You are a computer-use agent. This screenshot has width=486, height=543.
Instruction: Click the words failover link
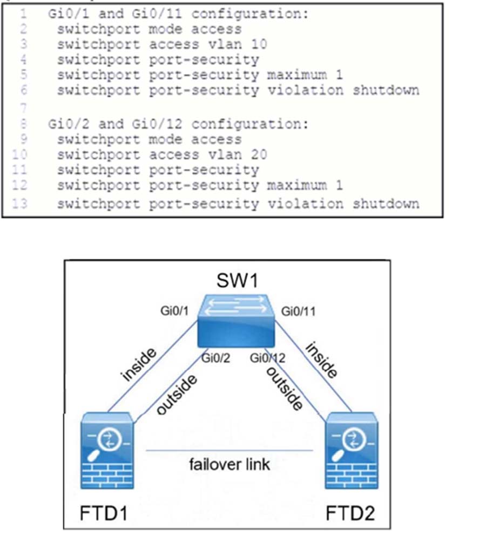pos(229,464)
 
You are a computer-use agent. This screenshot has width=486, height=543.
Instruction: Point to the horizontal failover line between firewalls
pos(229,450)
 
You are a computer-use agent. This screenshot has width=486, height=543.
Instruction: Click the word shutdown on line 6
pos(386,90)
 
